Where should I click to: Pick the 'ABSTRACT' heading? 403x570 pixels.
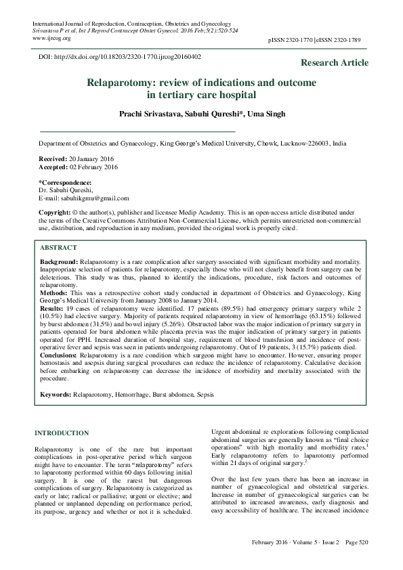coord(58,248)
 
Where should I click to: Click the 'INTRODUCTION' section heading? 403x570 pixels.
coord(62,433)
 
